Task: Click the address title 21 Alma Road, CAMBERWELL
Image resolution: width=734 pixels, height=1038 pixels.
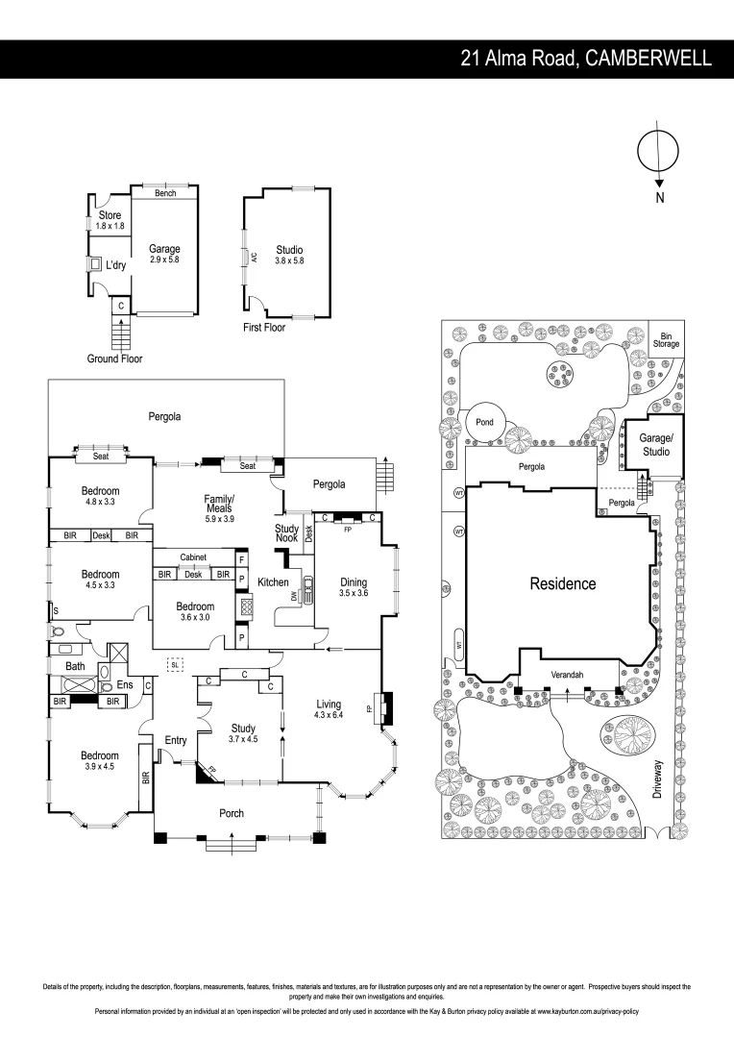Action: pyautogui.click(x=586, y=59)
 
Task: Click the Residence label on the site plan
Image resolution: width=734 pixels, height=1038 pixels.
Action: pyautogui.click(x=562, y=583)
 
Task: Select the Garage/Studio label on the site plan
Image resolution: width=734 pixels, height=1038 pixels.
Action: pyautogui.click(x=655, y=444)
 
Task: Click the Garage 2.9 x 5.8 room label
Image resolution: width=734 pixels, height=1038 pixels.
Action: pyautogui.click(x=164, y=254)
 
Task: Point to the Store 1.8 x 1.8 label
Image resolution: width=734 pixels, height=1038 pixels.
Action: pyautogui.click(x=110, y=220)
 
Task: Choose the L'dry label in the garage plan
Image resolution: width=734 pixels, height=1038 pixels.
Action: pyautogui.click(x=116, y=265)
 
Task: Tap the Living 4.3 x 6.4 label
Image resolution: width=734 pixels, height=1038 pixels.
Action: pyautogui.click(x=329, y=709)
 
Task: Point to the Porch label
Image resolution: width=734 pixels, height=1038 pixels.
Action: pyautogui.click(x=232, y=813)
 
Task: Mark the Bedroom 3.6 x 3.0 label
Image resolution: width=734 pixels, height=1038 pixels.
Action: pyautogui.click(x=194, y=612)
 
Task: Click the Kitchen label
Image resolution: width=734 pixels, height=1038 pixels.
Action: pyautogui.click(x=273, y=582)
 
